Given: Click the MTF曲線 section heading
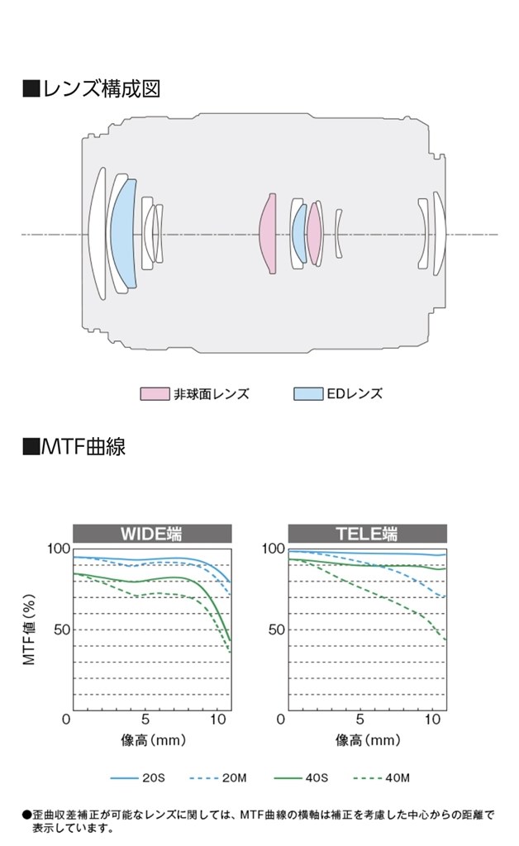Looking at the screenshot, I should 74,447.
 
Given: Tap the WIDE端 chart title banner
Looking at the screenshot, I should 151,534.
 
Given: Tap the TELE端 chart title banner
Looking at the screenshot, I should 367,534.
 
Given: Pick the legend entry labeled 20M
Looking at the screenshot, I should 219,777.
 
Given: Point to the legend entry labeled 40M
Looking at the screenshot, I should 380,777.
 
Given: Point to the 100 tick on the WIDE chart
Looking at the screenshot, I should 60,549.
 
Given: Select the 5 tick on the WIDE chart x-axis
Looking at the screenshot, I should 145,720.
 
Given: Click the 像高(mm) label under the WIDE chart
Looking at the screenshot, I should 151,740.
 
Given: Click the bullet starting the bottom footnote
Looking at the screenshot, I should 26,815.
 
